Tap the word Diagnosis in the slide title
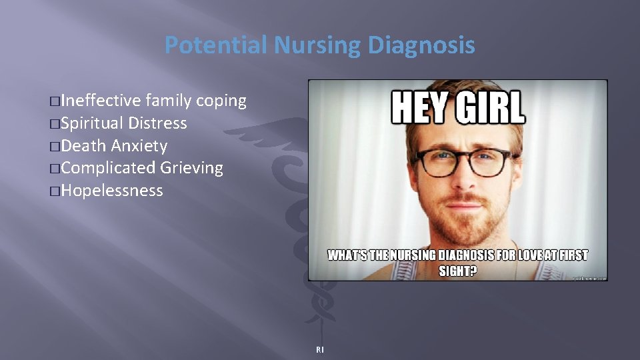point(421,45)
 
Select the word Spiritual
point(92,123)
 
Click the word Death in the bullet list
point(84,145)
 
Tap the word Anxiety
point(139,145)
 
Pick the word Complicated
point(110,168)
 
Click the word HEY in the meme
point(418,107)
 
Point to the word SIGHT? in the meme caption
point(457,271)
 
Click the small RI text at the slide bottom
point(320,349)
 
